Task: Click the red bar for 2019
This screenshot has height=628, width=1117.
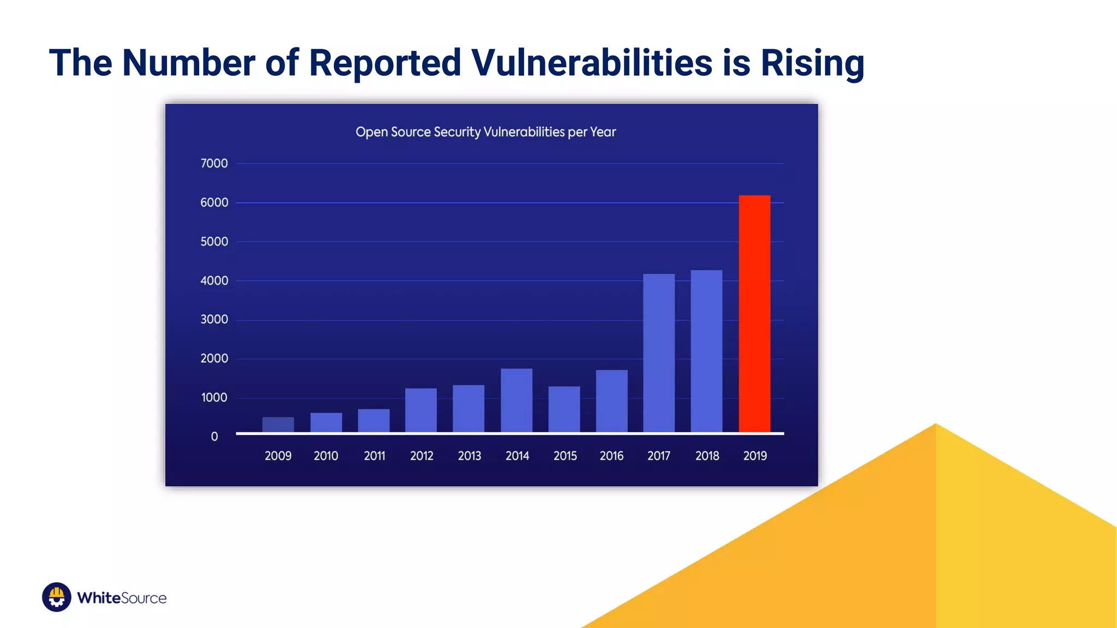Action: pos(754,313)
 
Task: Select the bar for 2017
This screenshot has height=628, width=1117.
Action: pos(659,353)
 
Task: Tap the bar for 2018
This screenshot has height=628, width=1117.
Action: pos(706,351)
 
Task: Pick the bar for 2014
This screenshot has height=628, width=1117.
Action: pos(517,401)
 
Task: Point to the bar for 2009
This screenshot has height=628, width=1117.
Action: pos(278,425)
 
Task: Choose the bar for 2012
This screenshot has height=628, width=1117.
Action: pos(421,410)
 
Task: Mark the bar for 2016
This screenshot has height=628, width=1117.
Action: pos(611,401)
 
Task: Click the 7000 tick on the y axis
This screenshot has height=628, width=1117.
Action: pos(214,164)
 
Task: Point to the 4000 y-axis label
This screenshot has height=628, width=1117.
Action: pos(214,281)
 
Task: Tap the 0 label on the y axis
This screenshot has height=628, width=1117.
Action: pos(214,437)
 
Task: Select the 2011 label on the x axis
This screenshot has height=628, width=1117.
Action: pos(374,456)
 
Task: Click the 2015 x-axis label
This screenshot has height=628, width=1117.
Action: pos(565,456)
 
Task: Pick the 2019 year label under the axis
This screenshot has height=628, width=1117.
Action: pos(755,456)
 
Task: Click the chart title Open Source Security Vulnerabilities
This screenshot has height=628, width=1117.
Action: pos(485,132)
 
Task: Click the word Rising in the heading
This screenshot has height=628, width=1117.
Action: pos(812,63)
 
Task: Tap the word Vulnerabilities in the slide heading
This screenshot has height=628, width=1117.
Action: pos(592,63)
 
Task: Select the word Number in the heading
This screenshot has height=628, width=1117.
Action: pos(189,63)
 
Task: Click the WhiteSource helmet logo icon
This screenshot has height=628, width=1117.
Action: pos(57,597)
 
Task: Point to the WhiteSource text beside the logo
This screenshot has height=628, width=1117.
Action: pos(122,598)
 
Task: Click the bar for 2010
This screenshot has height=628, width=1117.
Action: pos(326,422)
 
